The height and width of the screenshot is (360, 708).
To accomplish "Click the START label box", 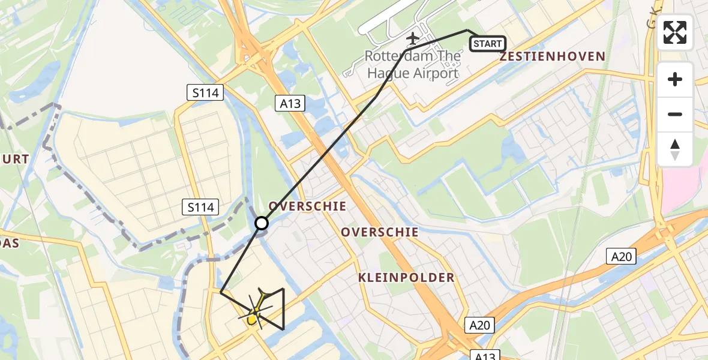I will [x=487, y=44].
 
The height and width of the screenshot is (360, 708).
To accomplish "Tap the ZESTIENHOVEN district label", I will [x=552, y=56].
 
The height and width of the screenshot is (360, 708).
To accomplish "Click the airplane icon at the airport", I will [x=412, y=38].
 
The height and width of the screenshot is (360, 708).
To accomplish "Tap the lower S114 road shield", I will [x=199, y=208].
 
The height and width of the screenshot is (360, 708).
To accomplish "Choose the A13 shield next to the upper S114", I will [x=290, y=104].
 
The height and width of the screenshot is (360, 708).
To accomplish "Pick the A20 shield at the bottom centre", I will [x=479, y=325].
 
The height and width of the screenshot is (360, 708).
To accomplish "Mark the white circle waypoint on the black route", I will [x=262, y=223].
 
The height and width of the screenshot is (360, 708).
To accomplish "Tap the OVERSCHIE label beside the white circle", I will [x=307, y=206].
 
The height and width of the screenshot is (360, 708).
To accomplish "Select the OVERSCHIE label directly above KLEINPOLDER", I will [x=380, y=232].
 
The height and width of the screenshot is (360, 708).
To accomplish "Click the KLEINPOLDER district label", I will [x=406, y=278].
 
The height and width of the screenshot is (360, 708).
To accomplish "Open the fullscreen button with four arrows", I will [x=675, y=32].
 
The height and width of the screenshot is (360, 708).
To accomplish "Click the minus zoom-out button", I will [x=675, y=114].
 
